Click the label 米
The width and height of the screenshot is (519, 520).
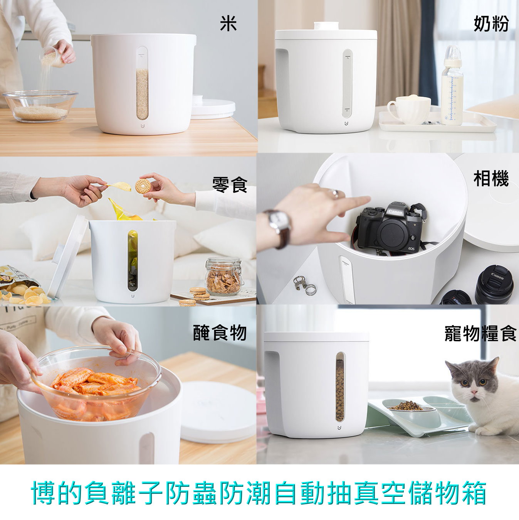coord(228,24)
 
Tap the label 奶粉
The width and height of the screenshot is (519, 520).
coord(491,24)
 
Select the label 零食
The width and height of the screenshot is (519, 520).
coord(230,184)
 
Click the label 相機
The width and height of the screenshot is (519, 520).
coord(491,179)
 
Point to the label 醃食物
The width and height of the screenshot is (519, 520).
coord(220,333)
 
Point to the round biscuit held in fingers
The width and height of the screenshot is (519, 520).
coord(143,186)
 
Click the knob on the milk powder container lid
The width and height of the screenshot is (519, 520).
coord(326,26)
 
